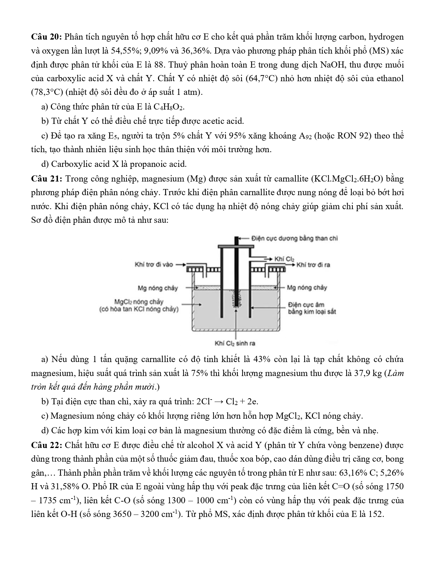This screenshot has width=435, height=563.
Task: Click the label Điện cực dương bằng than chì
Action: (x=294, y=238)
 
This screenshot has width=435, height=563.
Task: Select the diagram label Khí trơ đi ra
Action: (x=313, y=265)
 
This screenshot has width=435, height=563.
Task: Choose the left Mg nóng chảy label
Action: (x=158, y=288)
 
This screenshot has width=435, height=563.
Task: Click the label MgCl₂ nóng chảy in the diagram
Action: (x=139, y=302)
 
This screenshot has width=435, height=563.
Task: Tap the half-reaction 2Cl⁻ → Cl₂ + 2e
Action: (x=227, y=402)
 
